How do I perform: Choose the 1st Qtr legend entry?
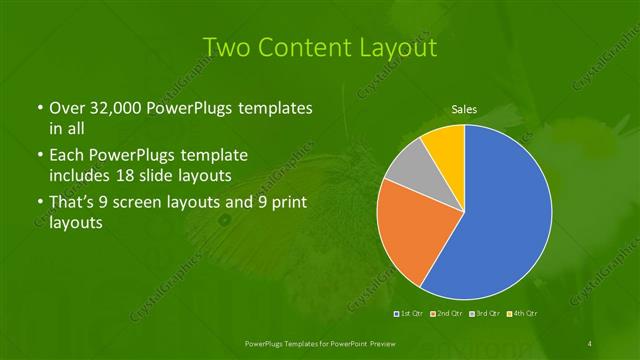[411, 314]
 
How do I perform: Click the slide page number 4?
[590, 344]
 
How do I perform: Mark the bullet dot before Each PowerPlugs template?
[39, 157]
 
